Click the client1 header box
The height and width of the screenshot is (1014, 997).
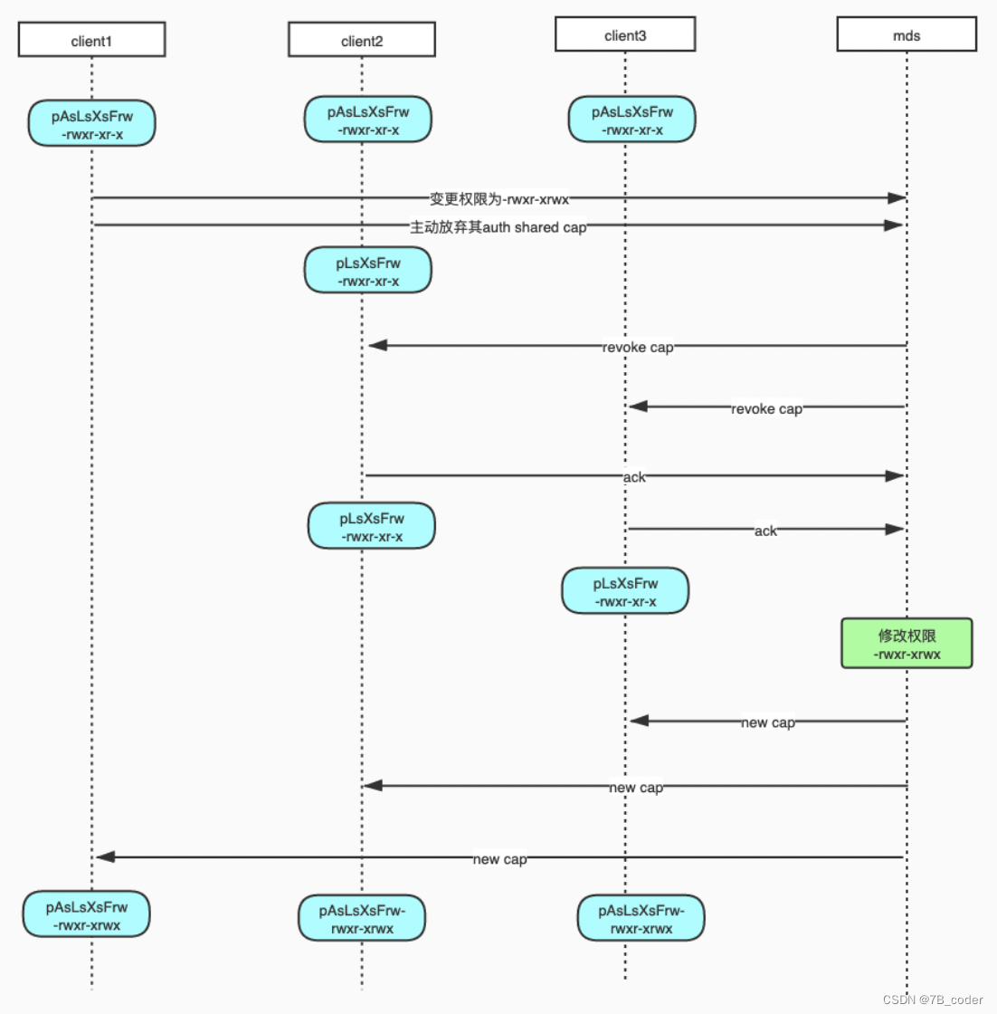coord(91,41)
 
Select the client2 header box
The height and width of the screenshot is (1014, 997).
coord(362,41)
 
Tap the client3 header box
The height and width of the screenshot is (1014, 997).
coord(625,35)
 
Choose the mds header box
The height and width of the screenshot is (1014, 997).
coord(907,35)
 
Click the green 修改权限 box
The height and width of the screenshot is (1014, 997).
coord(907,644)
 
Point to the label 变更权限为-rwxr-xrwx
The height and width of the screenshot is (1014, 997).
coord(499,198)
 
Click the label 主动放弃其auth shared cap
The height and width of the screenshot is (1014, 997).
coord(498,227)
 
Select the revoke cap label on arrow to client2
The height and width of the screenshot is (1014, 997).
coord(638,347)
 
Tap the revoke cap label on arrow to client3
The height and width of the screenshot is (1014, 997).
coord(766,408)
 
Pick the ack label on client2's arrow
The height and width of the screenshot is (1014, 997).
coord(634,477)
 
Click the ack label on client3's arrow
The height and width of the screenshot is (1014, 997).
coord(765,531)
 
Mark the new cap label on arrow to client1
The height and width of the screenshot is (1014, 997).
coord(499,858)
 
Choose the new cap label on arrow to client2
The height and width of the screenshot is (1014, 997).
coord(636,788)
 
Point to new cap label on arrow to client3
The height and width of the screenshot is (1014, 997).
coord(768,722)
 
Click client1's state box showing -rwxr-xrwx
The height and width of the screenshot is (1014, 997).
coord(87,915)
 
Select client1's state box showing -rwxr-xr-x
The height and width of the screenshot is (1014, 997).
coord(91,124)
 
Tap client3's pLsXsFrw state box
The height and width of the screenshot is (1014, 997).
coord(625,591)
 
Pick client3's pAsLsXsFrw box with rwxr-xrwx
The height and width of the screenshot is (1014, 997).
coord(641,918)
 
